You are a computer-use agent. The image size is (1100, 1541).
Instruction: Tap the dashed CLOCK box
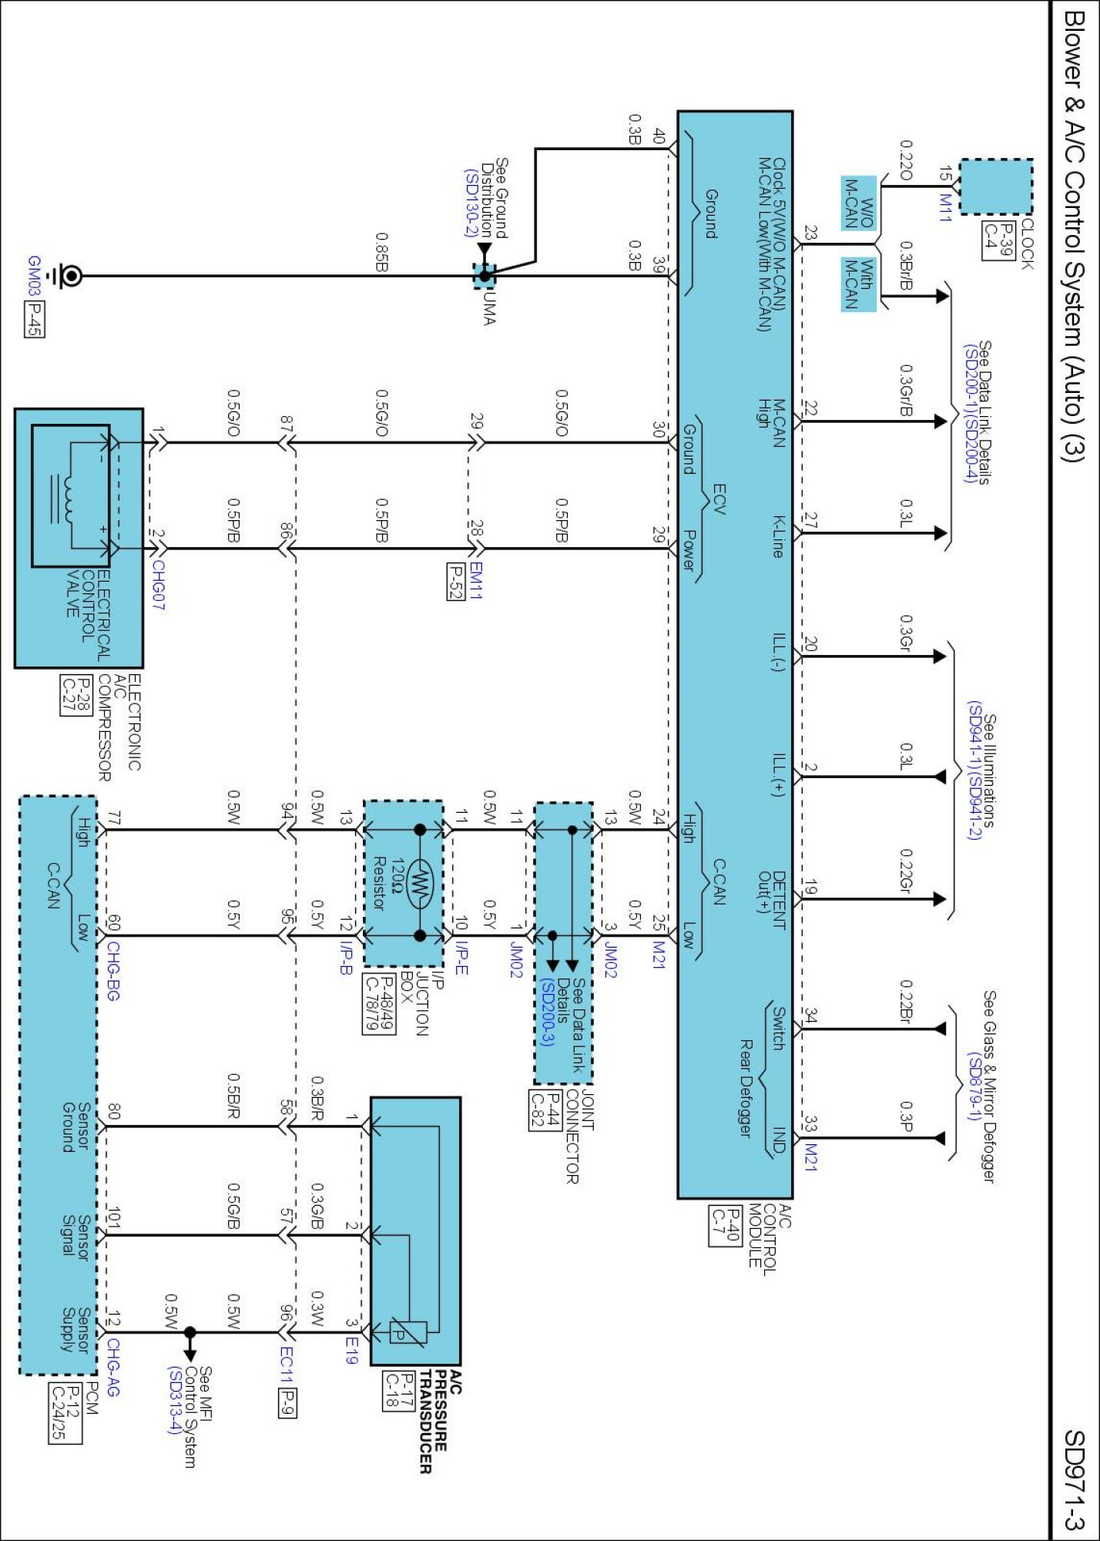(995, 187)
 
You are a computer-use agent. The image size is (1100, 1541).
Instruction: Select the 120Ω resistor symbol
(421, 883)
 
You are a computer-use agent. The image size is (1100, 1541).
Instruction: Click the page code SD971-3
(1075, 1479)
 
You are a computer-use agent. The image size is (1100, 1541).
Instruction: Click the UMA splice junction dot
(485, 276)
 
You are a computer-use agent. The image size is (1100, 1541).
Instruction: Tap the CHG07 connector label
(157, 586)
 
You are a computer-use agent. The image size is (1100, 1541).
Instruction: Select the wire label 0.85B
(381, 252)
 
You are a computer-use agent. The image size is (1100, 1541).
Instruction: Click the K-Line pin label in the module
(779, 536)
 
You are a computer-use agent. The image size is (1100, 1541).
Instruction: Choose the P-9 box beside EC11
(287, 1402)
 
